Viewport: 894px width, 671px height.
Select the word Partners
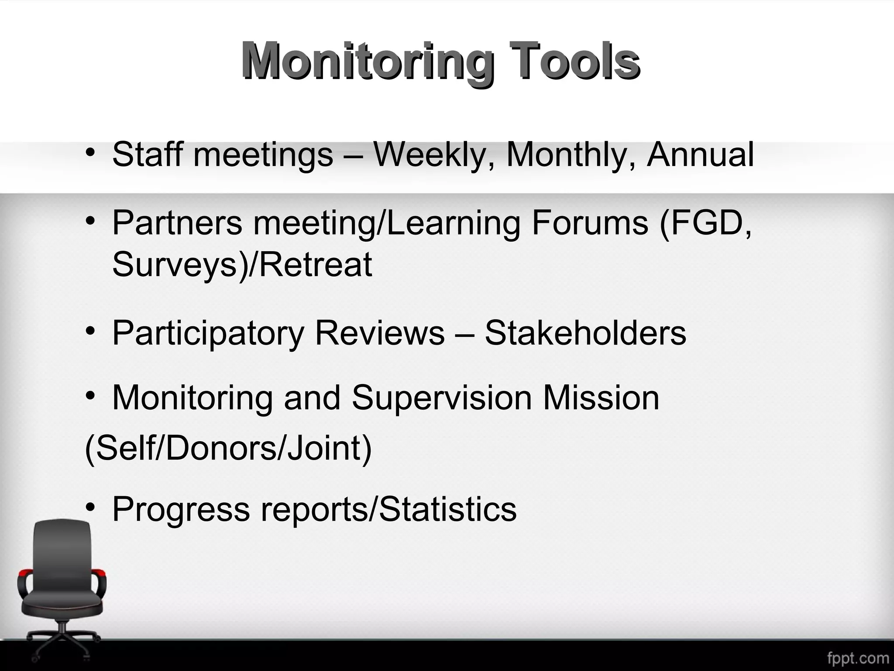(177, 223)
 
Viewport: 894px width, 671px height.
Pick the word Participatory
(208, 333)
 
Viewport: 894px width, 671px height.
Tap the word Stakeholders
(585, 333)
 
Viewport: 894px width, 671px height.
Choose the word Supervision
(441, 398)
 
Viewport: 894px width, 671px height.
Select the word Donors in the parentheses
(221, 449)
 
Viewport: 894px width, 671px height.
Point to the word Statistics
(448, 509)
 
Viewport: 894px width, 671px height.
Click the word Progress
(181, 509)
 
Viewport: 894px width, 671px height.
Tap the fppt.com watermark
(857, 658)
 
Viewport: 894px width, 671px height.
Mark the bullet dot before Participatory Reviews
(90, 332)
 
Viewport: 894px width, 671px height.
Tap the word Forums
(589, 223)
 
